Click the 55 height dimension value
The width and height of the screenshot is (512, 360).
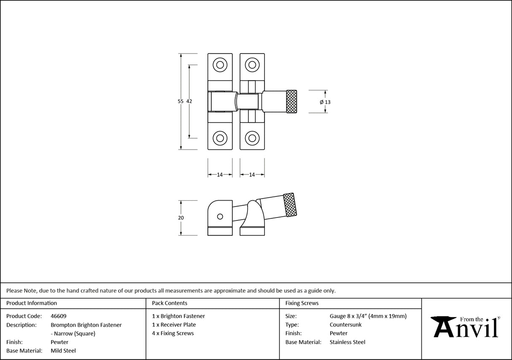pyautogui.click(x=181, y=101)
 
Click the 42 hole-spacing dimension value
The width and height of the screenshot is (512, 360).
pyautogui.click(x=189, y=101)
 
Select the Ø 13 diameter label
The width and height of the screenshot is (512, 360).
pyautogui.click(x=325, y=102)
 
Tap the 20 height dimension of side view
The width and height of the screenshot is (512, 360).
pyautogui.click(x=181, y=218)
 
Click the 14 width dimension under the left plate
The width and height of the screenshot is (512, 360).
pyautogui.click(x=220, y=175)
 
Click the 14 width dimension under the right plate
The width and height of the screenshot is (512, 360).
pyautogui.click(x=252, y=175)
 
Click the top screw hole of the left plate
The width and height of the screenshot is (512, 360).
pyautogui.click(x=219, y=65)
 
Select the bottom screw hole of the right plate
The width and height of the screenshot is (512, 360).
pyautogui.click(x=252, y=137)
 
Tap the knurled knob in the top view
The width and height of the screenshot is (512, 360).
pyautogui.click(x=292, y=102)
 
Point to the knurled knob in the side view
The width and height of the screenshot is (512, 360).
pyautogui.click(x=289, y=205)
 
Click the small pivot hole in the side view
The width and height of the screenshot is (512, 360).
pyautogui.click(x=219, y=217)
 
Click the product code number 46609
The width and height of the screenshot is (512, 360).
pyautogui.click(x=58, y=316)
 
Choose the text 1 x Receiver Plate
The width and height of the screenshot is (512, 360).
pyautogui.click(x=174, y=325)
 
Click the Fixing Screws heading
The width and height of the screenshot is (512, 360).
pyautogui.click(x=302, y=303)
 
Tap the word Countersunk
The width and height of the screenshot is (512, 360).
pyautogui.click(x=345, y=325)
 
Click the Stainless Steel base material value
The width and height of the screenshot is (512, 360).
pyautogui.click(x=347, y=342)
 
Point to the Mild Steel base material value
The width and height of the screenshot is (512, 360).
pyautogui.click(x=63, y=351)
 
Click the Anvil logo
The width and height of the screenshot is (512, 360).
pyautogui.click(x=466, y=327)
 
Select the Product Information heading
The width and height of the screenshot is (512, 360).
pyautogui.click(x=32, y=303)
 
